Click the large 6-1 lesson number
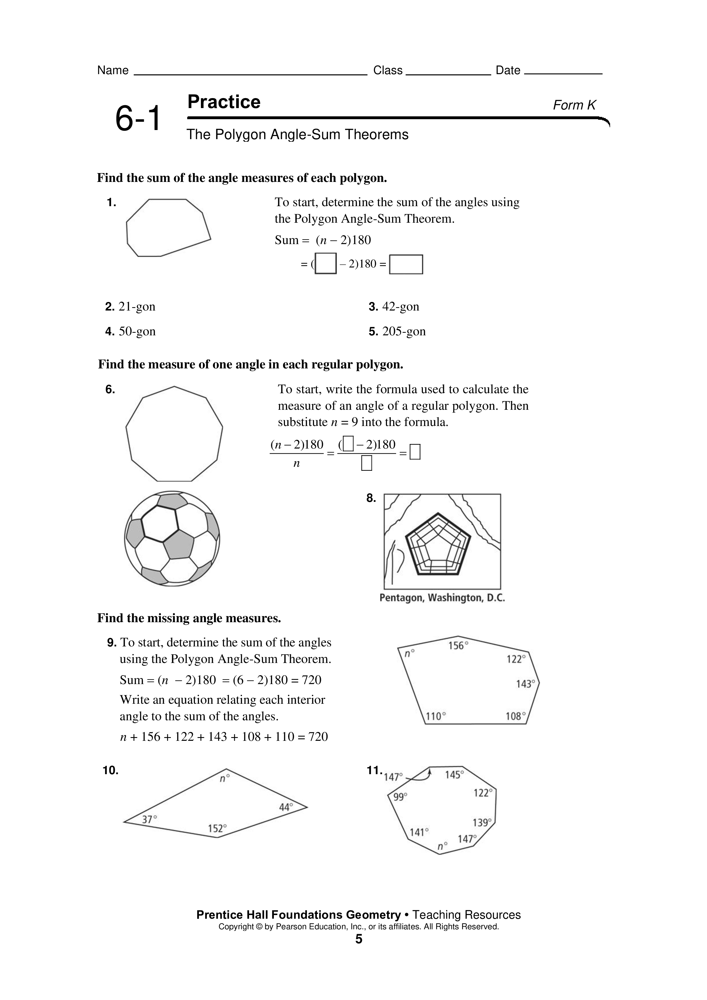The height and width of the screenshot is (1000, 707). point(138,118)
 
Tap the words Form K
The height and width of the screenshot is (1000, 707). point(574,105)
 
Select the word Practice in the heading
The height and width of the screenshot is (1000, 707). point(224,102)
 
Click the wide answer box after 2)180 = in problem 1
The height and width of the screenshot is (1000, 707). point(406,264)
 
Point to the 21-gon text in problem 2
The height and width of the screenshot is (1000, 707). point(137,307)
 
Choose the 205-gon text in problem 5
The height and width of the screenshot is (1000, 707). point(404,331)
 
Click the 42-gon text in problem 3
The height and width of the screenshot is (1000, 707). point(400,307)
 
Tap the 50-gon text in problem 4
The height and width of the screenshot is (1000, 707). point(137,331)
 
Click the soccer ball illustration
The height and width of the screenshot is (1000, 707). point(172,538)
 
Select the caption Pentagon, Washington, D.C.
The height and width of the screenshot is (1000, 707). point(442,598)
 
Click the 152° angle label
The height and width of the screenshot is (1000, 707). point(217,828)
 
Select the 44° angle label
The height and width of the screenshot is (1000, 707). point(286,807)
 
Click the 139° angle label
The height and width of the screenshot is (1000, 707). point(482,822)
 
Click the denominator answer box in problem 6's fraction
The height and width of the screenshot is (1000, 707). point(366,463)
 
